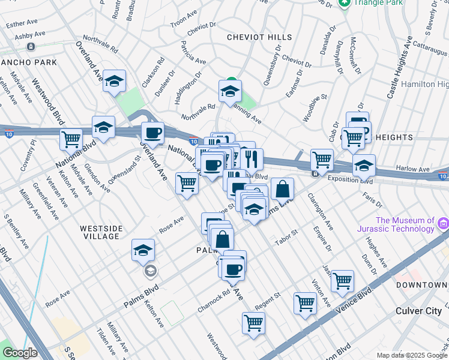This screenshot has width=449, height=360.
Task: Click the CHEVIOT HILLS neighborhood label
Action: tap(259, 37)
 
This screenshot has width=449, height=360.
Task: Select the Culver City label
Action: tap(418, 310)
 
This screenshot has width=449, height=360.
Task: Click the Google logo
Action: tap(20, 353)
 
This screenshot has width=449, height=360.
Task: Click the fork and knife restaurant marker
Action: tap(252, 159)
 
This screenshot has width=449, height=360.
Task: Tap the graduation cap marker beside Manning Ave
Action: tap(229, 92)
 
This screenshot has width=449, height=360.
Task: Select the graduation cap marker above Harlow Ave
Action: tap(364, 165)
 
